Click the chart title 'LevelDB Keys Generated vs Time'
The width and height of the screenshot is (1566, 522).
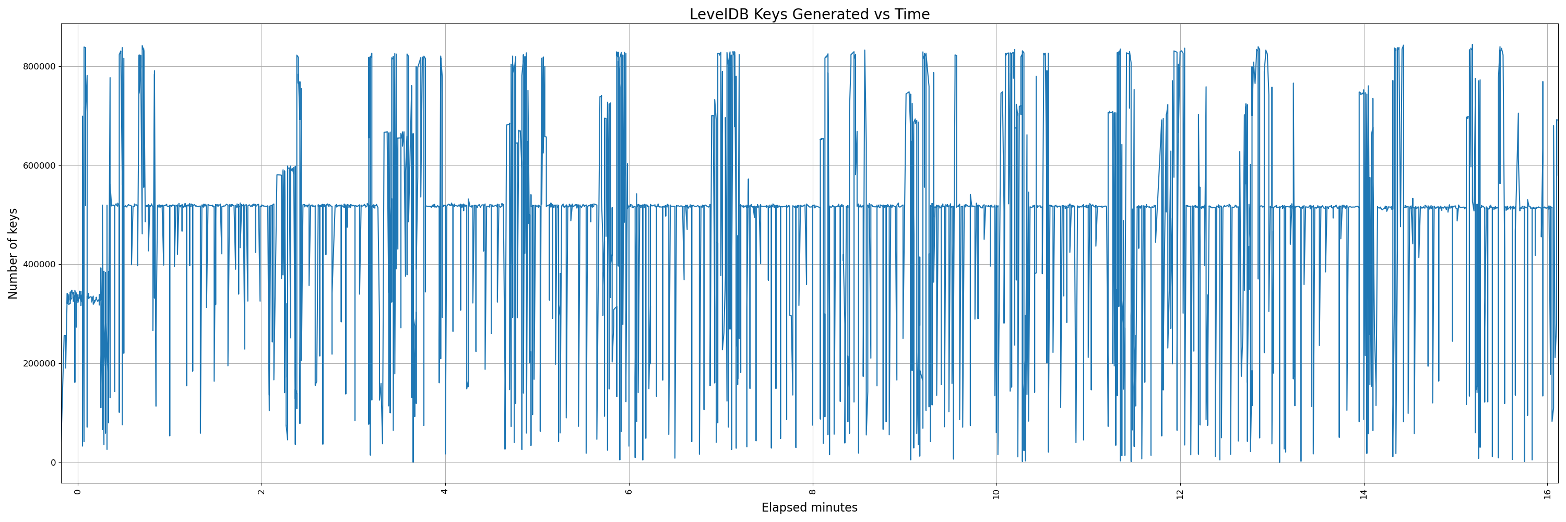click(x=809, y=14)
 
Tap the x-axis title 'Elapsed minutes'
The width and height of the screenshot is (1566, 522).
click(x=809, y=507)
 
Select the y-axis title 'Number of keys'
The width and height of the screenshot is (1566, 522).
click(x=13, y=253)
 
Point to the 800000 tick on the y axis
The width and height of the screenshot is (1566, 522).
click(x=39, y=66)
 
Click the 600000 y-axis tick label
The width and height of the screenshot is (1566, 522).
click(x=39, y=165)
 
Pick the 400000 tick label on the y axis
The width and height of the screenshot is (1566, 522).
click(x=39, y=264)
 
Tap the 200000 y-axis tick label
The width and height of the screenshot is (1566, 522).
click(x=39, y=363)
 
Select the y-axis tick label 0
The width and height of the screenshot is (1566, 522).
click(x=53, y=462)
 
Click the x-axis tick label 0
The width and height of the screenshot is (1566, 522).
click(x=77, y=492)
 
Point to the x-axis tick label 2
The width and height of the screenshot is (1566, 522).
click(x=262, y=492)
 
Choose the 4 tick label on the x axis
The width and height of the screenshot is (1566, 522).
click(x=445, y=492)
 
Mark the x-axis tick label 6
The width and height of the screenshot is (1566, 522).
click(x=629, y=492)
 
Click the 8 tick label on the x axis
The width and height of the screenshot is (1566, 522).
click(x=813, y=492)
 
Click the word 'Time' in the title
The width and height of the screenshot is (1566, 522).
click(x=912, y=14)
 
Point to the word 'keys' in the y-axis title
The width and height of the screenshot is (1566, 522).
click(x=13, y=222)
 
